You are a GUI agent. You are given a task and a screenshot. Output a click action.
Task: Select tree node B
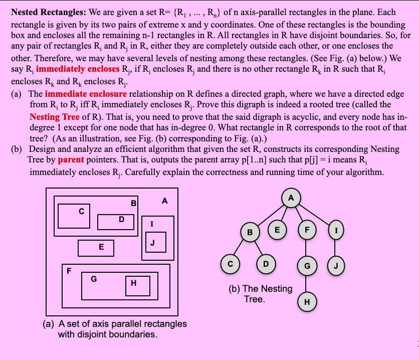pos(250,232)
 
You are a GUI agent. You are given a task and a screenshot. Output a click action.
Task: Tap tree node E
pos(276,229)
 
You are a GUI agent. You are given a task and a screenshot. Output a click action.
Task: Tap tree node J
pos(336,264)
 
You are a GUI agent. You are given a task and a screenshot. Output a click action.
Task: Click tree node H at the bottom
pos(306,301)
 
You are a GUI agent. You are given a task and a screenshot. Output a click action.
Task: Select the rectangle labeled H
pos(133,283)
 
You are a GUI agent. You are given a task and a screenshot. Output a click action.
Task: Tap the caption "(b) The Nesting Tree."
pos(260,294)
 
